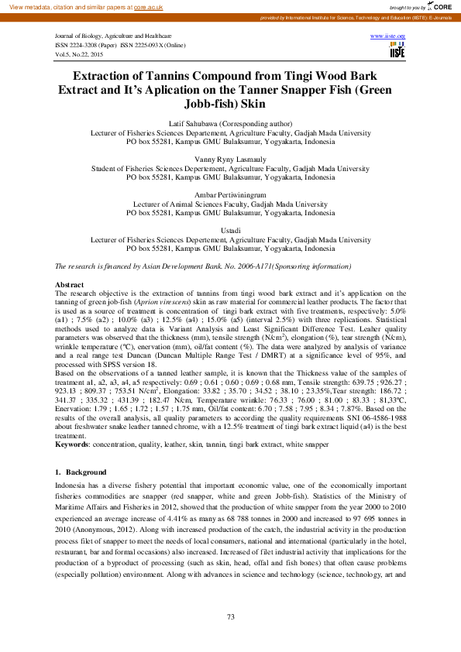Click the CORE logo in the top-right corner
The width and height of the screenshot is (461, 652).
coord(444,6)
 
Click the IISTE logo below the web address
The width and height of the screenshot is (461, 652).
coord(397,51)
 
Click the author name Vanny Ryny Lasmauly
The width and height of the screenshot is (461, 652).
coord(230,157)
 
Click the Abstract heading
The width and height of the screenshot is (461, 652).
coord(71,285)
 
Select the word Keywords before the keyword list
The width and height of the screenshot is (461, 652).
coord(73,444)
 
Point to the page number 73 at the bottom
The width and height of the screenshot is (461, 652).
coord(230,616)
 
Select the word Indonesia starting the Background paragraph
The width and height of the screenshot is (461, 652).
coord(72,486)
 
